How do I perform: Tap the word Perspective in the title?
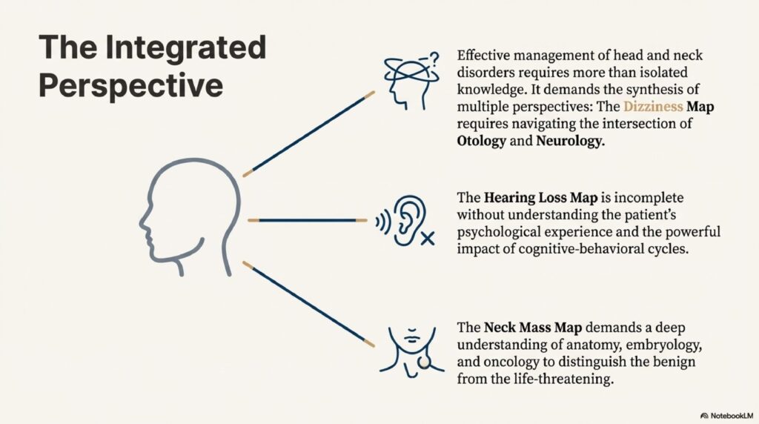[x=130, y=85]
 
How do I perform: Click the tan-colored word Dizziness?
[x=658, y=106]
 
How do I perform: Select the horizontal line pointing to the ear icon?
[x=307, y=221]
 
